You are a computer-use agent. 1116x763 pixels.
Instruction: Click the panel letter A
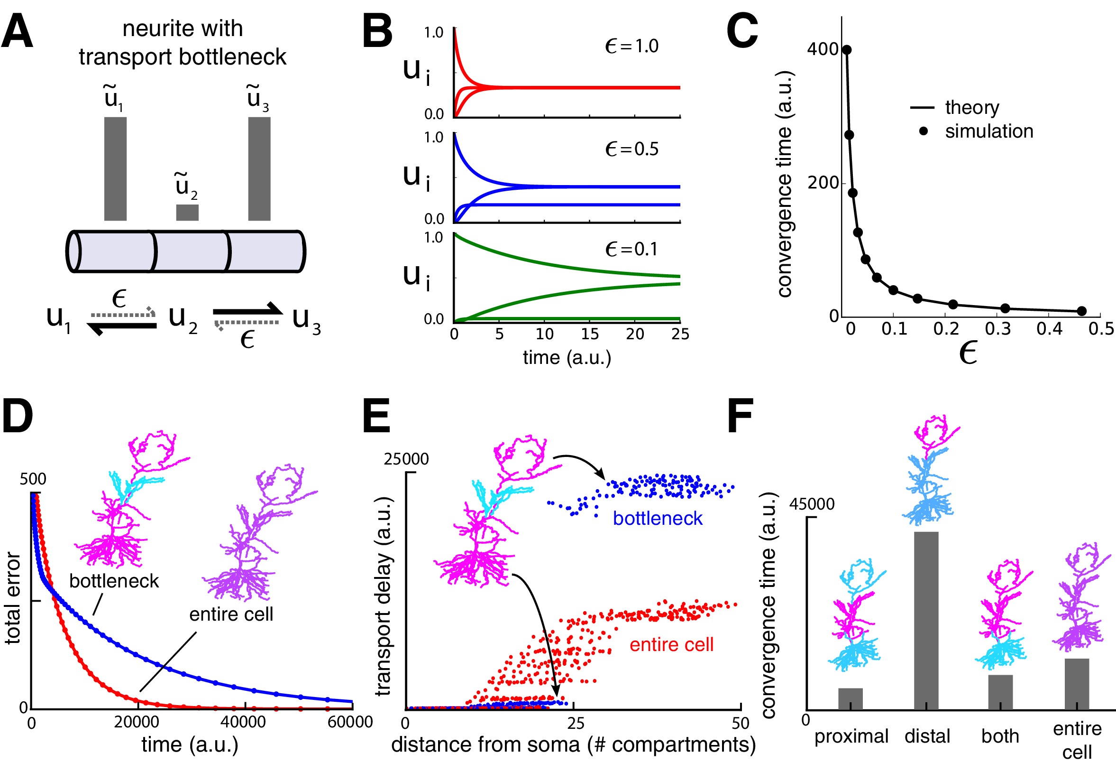tap(17, 31)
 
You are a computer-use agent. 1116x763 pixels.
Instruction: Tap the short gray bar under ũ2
tap(187, 213)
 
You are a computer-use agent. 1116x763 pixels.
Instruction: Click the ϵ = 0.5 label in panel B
tap(631, 149)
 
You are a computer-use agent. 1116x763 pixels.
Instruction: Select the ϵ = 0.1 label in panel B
tap(631, 249)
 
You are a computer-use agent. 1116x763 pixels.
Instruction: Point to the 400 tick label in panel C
tap(823, 49)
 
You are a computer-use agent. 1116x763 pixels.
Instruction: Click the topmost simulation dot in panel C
tap(847, 50)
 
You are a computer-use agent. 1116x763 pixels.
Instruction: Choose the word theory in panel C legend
tap(972, 107)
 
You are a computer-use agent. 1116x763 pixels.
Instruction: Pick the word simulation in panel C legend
tap(989, 131)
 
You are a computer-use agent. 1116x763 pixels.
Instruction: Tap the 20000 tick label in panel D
tap(137, 722)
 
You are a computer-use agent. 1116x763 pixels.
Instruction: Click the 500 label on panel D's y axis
tap(33, 479)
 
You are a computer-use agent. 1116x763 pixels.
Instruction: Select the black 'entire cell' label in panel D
tap(231, 614)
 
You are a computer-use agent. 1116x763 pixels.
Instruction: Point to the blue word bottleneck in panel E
tap(658, 519)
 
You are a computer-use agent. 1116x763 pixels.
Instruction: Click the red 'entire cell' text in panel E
tap(671, 645)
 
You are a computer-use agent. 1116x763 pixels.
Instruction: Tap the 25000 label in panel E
tap(406, 459)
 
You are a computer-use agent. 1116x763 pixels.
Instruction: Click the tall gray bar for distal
tap(926, 621)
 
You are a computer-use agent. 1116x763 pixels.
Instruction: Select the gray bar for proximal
tap(851, 699)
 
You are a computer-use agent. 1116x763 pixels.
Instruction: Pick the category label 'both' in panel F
tap(1000, 736)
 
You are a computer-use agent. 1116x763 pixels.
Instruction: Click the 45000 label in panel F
tap(812, 504)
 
